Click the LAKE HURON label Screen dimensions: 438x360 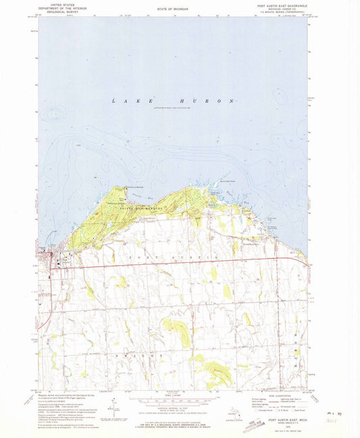[x=174, y=101]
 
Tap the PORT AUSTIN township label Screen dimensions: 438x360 [x=172, y=257]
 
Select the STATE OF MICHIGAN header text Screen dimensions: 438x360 [x=172, y=8]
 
